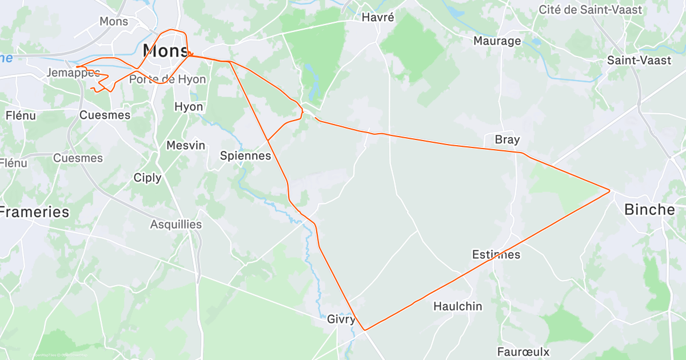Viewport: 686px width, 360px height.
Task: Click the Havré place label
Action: [x=378, y=17]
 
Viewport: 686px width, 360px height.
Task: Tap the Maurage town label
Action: [x=497, y=41]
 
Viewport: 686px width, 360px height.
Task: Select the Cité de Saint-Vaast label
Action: [x=591, y=10]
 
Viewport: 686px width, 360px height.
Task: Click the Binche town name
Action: [x=649, y=209]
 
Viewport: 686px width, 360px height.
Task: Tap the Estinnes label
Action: [x=496, y=254]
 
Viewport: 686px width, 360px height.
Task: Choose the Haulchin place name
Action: [x=457, y=306]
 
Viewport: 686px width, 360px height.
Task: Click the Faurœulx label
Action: [x=523, y=351]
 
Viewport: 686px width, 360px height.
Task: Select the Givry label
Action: [x=341, y=319]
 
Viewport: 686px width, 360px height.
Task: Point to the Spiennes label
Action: [x=245, y=155]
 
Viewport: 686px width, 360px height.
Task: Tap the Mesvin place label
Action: [x=186, y=145]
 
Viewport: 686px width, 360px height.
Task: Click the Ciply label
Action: [x=147, y=178]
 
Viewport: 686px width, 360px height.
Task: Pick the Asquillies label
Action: [x=176, y=225]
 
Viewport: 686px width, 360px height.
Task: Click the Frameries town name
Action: [x=34, y=212]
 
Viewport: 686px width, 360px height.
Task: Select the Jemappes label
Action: [x=73, y=73]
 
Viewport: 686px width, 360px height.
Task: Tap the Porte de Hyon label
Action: [x=167, y=79]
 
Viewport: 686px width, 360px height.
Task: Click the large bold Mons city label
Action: [x=166, y=50]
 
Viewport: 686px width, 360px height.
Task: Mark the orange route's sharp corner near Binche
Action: [x=609, y=190]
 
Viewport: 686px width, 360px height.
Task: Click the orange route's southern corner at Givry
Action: [x=365, y=330]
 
